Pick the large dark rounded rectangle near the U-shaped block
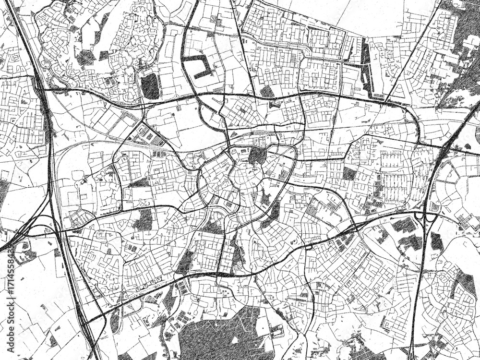click(x=150, y=86)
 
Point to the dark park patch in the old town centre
click(x=257, y=156)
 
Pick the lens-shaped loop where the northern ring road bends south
click(x=413, y=120)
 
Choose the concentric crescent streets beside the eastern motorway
click(x=454, y=178)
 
